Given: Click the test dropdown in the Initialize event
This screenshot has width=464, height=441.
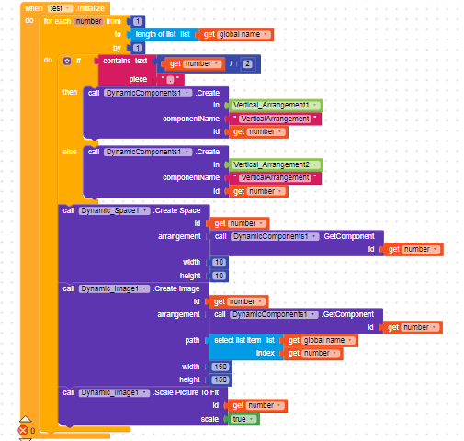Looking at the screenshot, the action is pos(60,8).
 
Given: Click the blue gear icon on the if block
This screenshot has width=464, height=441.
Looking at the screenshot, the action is pos(67,61).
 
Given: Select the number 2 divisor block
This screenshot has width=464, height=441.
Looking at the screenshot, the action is pos(247,63).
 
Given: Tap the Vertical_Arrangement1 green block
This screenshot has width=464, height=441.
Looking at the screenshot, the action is pos(276,106).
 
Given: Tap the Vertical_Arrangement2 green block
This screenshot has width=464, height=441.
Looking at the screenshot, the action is pos(276,164).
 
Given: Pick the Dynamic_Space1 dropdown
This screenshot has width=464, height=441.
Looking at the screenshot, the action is pos(114,210).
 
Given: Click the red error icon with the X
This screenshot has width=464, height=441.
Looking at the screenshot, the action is pos(23,430).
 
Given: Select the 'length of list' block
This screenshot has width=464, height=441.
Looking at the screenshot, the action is pos(163,34).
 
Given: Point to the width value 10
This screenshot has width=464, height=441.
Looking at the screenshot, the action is pos(219,262).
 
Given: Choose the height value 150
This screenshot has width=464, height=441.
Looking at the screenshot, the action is pos(221,379).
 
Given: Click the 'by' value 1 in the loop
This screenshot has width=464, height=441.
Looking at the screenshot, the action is pos(138,48).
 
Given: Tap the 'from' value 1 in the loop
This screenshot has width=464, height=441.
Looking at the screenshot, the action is pos(138,21).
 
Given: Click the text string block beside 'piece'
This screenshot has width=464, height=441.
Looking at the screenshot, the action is pos(170,80).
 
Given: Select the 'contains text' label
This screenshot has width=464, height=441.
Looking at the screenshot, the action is pos(125,61).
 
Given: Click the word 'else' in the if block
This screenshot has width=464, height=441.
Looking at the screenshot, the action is pos(70,152).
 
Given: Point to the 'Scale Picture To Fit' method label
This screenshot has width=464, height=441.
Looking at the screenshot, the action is pos(187,392).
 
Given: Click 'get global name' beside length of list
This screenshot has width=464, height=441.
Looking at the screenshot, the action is pos(237,34).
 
